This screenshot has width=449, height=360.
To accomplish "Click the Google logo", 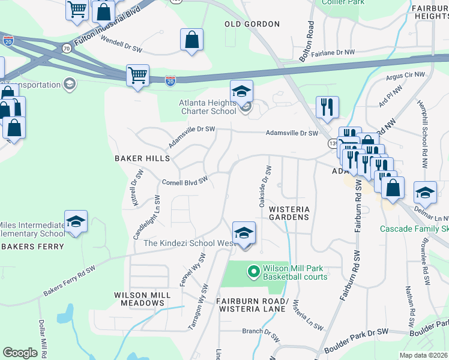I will (20, 353).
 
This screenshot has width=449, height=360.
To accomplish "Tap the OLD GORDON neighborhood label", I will (252, 24).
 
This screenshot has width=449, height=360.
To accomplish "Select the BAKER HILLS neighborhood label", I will (142, 158).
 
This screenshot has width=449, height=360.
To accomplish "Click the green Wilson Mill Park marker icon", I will (253, 272).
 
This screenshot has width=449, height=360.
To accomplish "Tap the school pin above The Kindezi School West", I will (244, 232).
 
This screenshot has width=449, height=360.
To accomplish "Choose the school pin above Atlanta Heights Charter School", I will (241, 91).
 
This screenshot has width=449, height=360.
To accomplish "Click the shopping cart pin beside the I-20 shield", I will (137, 76).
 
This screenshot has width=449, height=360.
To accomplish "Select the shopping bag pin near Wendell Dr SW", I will (191, 40).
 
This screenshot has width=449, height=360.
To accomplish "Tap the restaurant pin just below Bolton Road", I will (327, 107).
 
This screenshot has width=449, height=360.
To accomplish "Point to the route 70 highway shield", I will (67, 48).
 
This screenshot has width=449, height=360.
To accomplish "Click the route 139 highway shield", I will (332, 144).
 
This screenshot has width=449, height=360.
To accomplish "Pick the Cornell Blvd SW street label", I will (185, 181).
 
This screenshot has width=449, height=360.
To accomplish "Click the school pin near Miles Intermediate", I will (76, 221).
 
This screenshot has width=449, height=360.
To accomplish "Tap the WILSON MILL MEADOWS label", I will (140, 299).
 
